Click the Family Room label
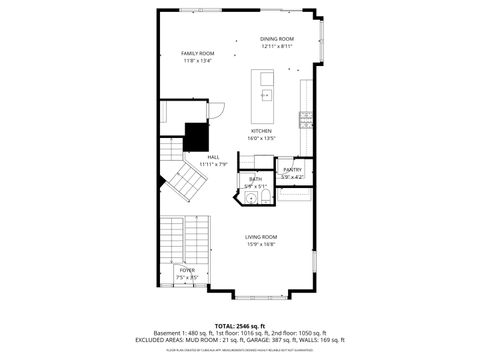pyautogui.click(x=197, y=53)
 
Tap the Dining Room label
pyautogui.click(x=277, y=39)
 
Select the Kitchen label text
pyautogui.click(x=261, y=131)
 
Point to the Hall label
pyautogui.click(x=213, y=157)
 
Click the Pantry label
pyautogui.click(x=292, y=170)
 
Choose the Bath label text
pyautogui.click(x=255, y=179)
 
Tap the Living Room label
pyautogui.click(x=261, y=236)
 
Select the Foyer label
pyautogui.click(x=187, y=270)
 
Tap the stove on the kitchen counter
pyautogui.click(x=307, y=120)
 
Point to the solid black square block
pyautogui.click(x=195, y=135)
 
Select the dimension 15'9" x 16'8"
pyautogui.click(x=261, y=243)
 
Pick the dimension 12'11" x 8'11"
pyautogui.click(x=277, y=46)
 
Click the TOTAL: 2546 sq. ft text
pyautogui.click(x=238, y=325)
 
